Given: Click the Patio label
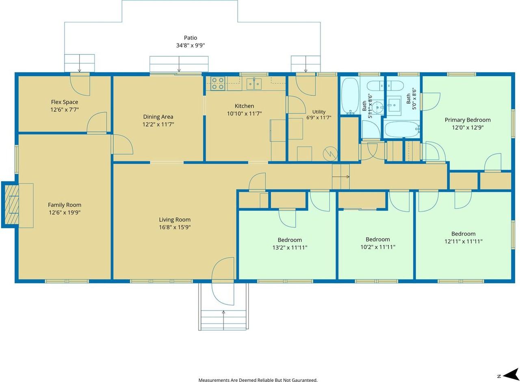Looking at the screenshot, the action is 191,38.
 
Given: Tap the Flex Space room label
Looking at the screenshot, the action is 65,102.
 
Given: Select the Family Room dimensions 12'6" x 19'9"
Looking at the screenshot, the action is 65,212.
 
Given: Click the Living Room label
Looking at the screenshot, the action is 175,219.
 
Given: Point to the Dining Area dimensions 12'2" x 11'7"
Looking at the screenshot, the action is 158,124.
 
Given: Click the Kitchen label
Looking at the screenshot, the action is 244,106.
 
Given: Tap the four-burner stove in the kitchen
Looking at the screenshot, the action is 217,84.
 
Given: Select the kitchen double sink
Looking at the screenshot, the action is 254,84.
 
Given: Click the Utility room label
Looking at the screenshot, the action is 319,112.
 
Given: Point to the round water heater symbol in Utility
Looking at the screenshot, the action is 330,153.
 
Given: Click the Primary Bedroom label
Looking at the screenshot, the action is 468,120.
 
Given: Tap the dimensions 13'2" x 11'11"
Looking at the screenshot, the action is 290,247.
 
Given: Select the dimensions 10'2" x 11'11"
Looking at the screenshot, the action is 378,247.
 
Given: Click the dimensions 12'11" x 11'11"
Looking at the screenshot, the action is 464,241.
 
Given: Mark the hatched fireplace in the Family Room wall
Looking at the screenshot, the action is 12,205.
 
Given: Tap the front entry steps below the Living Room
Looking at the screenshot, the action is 223,320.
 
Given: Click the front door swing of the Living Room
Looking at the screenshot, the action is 222,281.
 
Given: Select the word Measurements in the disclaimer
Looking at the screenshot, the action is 214,380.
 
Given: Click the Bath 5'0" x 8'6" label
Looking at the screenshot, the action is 411,99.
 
